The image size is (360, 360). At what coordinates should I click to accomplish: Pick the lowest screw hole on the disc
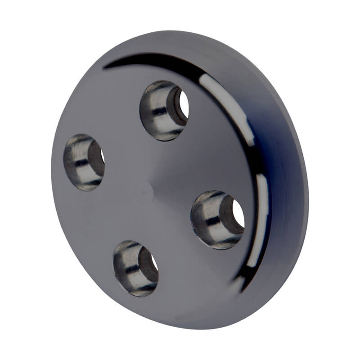135,268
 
